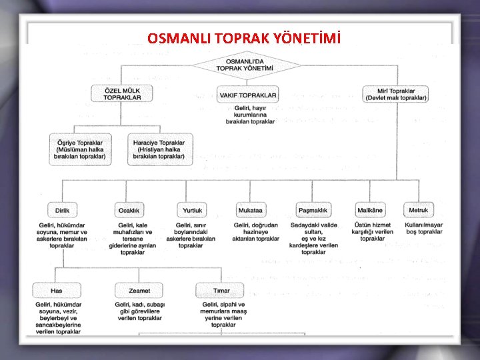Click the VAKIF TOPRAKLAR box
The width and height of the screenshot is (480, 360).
click(248, 95)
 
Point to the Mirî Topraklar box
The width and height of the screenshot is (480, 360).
click(396, 94)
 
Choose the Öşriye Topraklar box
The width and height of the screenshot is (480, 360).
click(81, 149)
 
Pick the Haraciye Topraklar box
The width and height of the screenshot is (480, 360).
click(159, 149)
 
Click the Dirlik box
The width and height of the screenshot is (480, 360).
click(62, 209)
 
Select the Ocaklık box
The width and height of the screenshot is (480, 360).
click(129, 209)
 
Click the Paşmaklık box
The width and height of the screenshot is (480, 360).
click(313, 209)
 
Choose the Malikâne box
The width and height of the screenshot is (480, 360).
click(370, 209)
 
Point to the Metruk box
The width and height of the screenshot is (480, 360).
click(419, 209)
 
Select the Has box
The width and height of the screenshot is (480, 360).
click(57, 291)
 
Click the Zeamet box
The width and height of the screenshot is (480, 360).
click(139, 291)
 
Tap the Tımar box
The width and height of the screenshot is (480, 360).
click(221, 291)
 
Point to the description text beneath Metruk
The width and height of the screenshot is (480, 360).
click(423, 229)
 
